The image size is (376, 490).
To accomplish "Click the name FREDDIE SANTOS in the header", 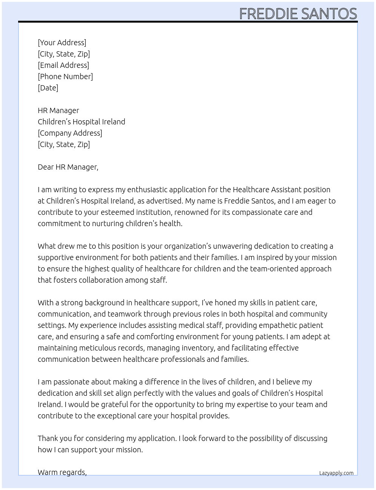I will pyautogui.click(x=298, y=14).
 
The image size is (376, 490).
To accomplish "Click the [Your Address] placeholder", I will pyautogui.click(x=62, y=43).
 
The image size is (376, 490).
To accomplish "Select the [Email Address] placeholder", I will pyautogui.click(x=63, y=65).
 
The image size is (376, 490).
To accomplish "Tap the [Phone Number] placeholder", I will pyautogui.click(x=65, y=77).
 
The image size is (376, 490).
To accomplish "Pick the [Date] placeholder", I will pyautogui.click(x=48, y=88).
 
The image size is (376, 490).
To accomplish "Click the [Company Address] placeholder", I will pyautogui.click(x=70, y=133).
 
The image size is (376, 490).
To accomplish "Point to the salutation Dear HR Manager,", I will pyautogui.click(x=68, y=167).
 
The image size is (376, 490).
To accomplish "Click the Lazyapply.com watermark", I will pyautogui.click(x=336, y=473).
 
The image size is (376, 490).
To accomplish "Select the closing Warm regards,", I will pyautogui.click(x=62, y=472).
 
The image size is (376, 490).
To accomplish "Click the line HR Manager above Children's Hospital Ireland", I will pyautogui.click(x=59, y=110).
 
